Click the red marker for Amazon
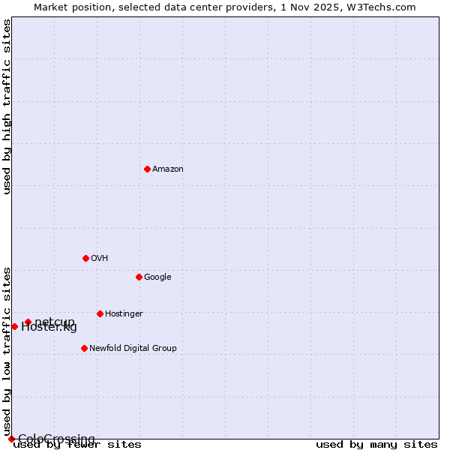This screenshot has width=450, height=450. click(x=147, y=169)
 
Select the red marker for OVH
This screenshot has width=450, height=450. click(x=85, y=258)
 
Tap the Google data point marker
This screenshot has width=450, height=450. click(x=139, y=277)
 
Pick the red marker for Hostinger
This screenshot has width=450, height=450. click(x=100, y=313)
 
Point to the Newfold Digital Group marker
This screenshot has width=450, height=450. click(x=84, y=348)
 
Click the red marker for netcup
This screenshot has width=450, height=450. click(x=28, y=322)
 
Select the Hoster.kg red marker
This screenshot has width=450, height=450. click(x=14, y=326)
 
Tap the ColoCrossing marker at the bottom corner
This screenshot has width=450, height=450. click(x=11, y=439)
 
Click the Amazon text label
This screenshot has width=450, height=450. click(x=168, y=169)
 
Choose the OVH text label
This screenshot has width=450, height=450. click(x=100, y=259)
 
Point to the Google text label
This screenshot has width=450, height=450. click(x=157, y=277)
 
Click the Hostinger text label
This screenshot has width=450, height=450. click(x=124, y=314)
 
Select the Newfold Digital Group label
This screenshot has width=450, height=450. click(x=133, y=349)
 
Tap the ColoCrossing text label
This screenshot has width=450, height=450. click(x=56, y=439)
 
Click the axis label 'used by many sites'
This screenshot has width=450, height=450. click(x=376, y=445)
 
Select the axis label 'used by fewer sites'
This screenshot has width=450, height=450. click(x=77, y=445)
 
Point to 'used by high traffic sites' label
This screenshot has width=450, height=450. click(x=7, y=106)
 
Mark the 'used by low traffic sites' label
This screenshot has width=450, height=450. click(x=7, y=351)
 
